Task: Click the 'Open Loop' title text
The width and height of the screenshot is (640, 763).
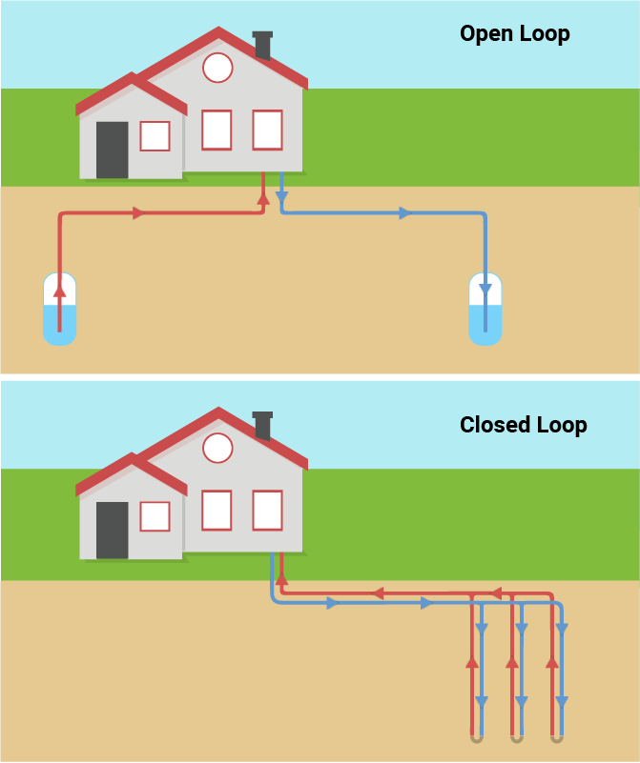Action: (514, 34)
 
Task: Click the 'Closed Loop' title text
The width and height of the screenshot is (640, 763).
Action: (523, 425)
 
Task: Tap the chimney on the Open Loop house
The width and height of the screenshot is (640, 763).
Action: (263, 45)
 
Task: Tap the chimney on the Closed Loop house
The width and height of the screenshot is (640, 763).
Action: (263, 425)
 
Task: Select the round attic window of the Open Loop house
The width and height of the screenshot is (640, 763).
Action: (217, 68)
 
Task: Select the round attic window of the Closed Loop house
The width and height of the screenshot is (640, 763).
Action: (218, 448)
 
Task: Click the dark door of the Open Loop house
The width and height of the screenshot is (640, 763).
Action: (112, 150)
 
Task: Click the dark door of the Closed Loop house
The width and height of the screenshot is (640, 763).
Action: (112, 530)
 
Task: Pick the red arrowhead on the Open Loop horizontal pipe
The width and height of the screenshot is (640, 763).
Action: (139, 213)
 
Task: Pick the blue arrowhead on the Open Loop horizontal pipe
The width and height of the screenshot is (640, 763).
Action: (404, 213)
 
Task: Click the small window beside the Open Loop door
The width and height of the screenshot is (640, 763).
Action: (155, 136)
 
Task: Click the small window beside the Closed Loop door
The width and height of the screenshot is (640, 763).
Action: (155, 516)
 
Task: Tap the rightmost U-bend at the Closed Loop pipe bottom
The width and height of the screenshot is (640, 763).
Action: (557, 737)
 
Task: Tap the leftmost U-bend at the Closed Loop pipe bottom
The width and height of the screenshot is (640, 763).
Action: (476, 737)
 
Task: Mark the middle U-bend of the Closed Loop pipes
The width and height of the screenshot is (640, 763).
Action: (516, 737)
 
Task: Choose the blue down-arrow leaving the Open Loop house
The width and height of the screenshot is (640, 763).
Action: (281, 198)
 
